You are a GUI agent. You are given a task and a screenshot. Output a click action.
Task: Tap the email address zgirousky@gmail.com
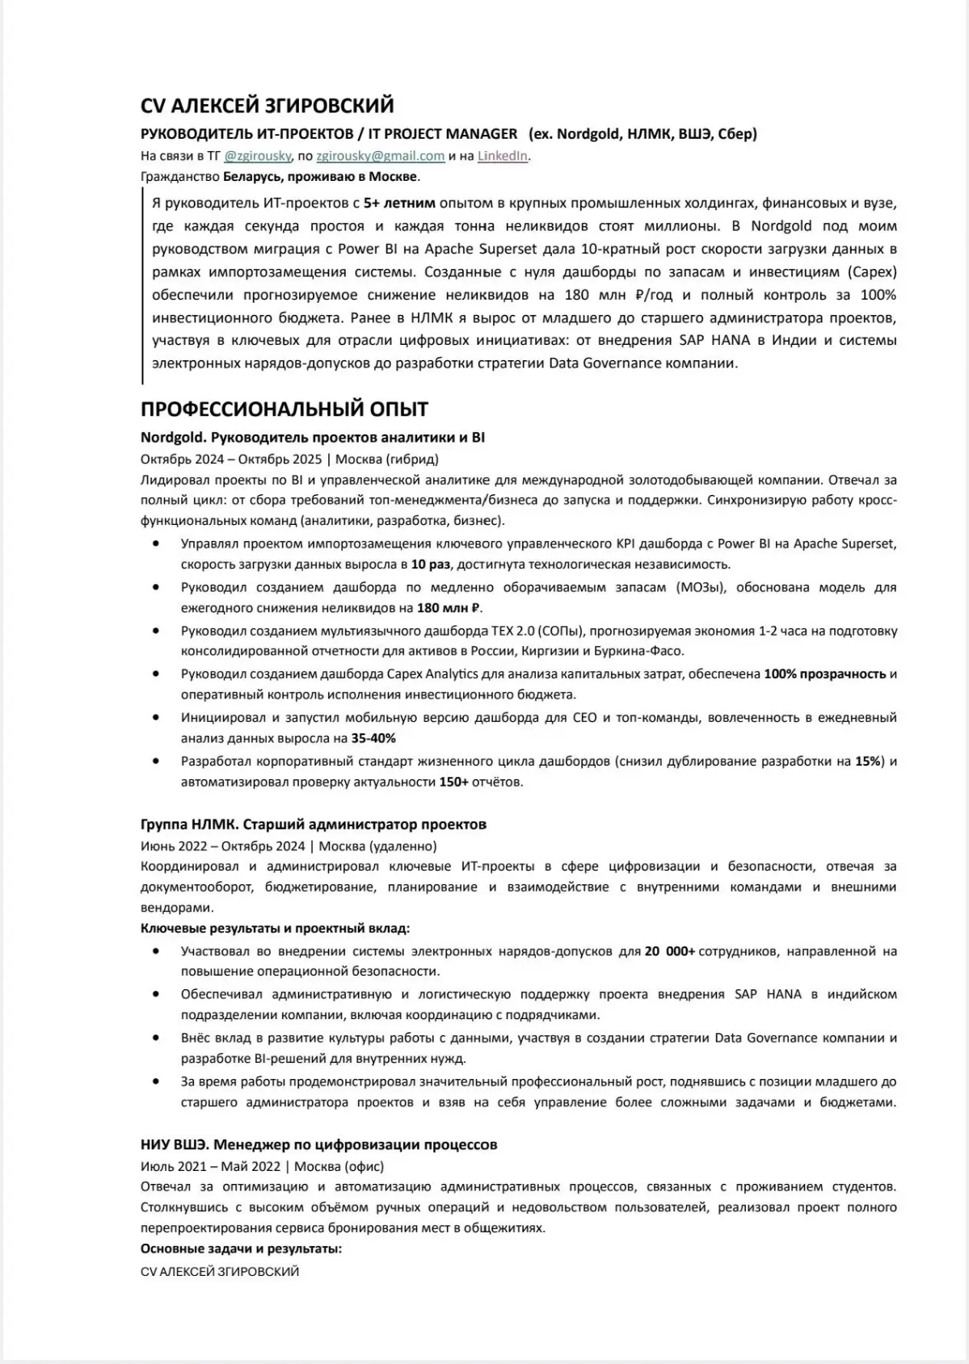[380, 156]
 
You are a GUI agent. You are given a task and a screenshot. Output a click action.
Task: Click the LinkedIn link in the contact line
[502, 156]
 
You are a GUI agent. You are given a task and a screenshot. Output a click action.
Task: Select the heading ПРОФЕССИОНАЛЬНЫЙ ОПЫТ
[284, 409]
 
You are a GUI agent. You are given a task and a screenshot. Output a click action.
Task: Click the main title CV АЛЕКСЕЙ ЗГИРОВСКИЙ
[267, 106]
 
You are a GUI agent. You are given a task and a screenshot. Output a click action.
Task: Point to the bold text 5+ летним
[399, 203]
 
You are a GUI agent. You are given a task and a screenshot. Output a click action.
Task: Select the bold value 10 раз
[431, 564]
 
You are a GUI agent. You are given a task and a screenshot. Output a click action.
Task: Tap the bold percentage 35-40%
[373, 738]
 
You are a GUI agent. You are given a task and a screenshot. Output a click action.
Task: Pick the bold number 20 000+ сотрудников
[670, 951]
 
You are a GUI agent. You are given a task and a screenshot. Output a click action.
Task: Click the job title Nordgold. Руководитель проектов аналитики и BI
[312, 438]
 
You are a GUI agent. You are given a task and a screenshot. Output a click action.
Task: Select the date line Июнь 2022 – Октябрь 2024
[222, 846]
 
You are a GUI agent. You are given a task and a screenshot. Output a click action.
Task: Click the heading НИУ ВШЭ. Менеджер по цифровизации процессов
[318, 1144]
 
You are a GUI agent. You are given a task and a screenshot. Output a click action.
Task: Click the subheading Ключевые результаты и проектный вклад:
[275, 929]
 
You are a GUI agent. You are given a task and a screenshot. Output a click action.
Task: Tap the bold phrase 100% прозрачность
[824, 674]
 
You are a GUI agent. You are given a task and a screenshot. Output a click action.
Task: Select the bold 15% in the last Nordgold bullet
[869, 761]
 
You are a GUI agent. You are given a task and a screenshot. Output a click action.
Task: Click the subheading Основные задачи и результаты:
[241, 1249]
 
